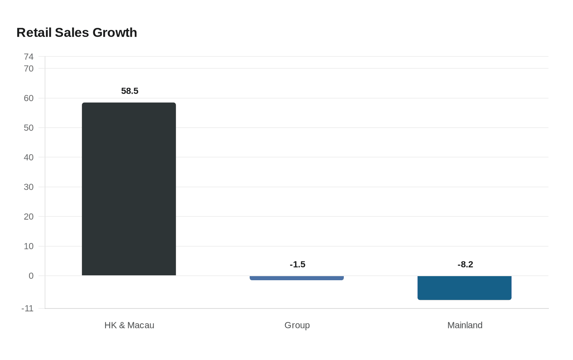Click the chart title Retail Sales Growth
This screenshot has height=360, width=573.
pyautogui.click(x=77, y=32)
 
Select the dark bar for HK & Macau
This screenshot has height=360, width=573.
pyautogui.click(x=129, y=189)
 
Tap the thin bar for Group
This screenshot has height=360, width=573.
pyautogui.click(x=297, y=278)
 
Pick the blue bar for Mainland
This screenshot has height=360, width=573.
pyautogui.click(x=465, y=288)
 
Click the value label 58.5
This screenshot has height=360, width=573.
pyautogui.click(x=130, y=91)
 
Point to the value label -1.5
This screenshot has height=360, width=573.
pyautogui.click(x=298, y=264)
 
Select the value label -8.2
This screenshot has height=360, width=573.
pyautogui.click(x=465, y=264)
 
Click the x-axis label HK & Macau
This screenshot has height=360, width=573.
pyautogui.click(x=129, y=325)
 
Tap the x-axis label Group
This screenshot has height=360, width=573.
pyautogui.click(x=297, y=325)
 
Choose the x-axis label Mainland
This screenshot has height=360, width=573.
pyautogui.click(x=465, y=325)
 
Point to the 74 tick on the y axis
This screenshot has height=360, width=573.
pyautogui.click(x=29, y=56)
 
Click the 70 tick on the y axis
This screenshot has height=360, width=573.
pyautogui.click(x=29, y=68)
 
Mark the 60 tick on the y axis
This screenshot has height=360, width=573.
pyautogui.click(x=29, y=98)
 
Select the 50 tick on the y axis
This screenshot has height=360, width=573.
pyautogui.click(x=29, y=128)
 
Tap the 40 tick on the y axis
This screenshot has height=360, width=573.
pyautogui.click(x=29, y=157)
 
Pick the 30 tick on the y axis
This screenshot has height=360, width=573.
pyautogui.click(x=29, y=187)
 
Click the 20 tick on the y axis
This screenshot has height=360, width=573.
pyautogui.click(x=29, y=216)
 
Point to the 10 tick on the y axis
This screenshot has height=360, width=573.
pyautogui.click(x=29, y=246)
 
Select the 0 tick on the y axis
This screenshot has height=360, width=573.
pyautogui.click(x=31, y=276)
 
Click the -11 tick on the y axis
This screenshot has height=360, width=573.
pyautogui.click(x=27, y=308)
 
